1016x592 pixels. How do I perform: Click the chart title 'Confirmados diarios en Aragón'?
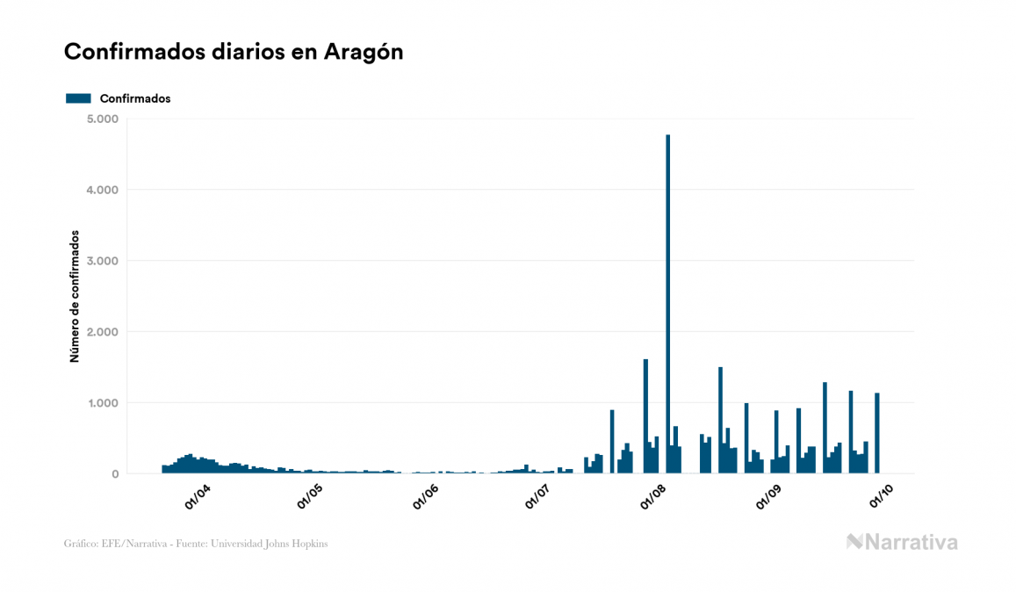(x=234, y=52)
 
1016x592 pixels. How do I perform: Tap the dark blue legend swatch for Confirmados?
(x=78, y=98)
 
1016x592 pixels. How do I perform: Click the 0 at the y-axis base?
(x=115, y=474)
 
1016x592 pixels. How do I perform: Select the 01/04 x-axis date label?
(x=197, y=497)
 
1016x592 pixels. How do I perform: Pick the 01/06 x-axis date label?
(x=425, y=497)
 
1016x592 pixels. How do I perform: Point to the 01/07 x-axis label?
(x=537, y=497)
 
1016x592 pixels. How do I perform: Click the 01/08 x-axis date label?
(x=654, y=497)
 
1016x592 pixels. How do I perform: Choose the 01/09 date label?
(x=768, y=497)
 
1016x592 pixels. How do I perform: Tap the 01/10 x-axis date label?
(x=881, y=497)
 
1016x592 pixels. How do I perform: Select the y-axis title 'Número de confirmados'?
(x=75, y=297)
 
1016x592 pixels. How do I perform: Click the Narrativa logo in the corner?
(x=902, y=542)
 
